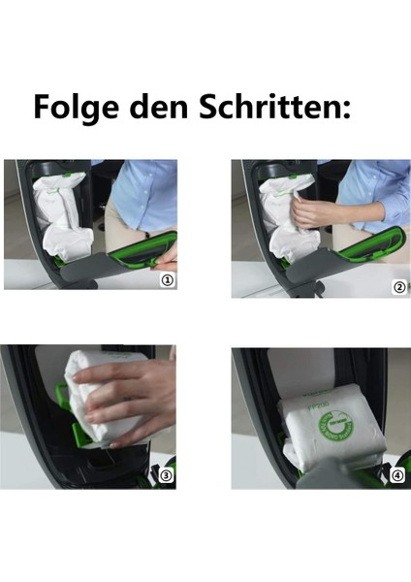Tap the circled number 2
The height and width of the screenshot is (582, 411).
pos(396,287)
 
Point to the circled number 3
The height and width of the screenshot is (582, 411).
pos(166,475)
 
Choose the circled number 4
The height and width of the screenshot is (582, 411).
pos(396,475)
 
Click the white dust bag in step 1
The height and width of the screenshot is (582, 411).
pos(63,218)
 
